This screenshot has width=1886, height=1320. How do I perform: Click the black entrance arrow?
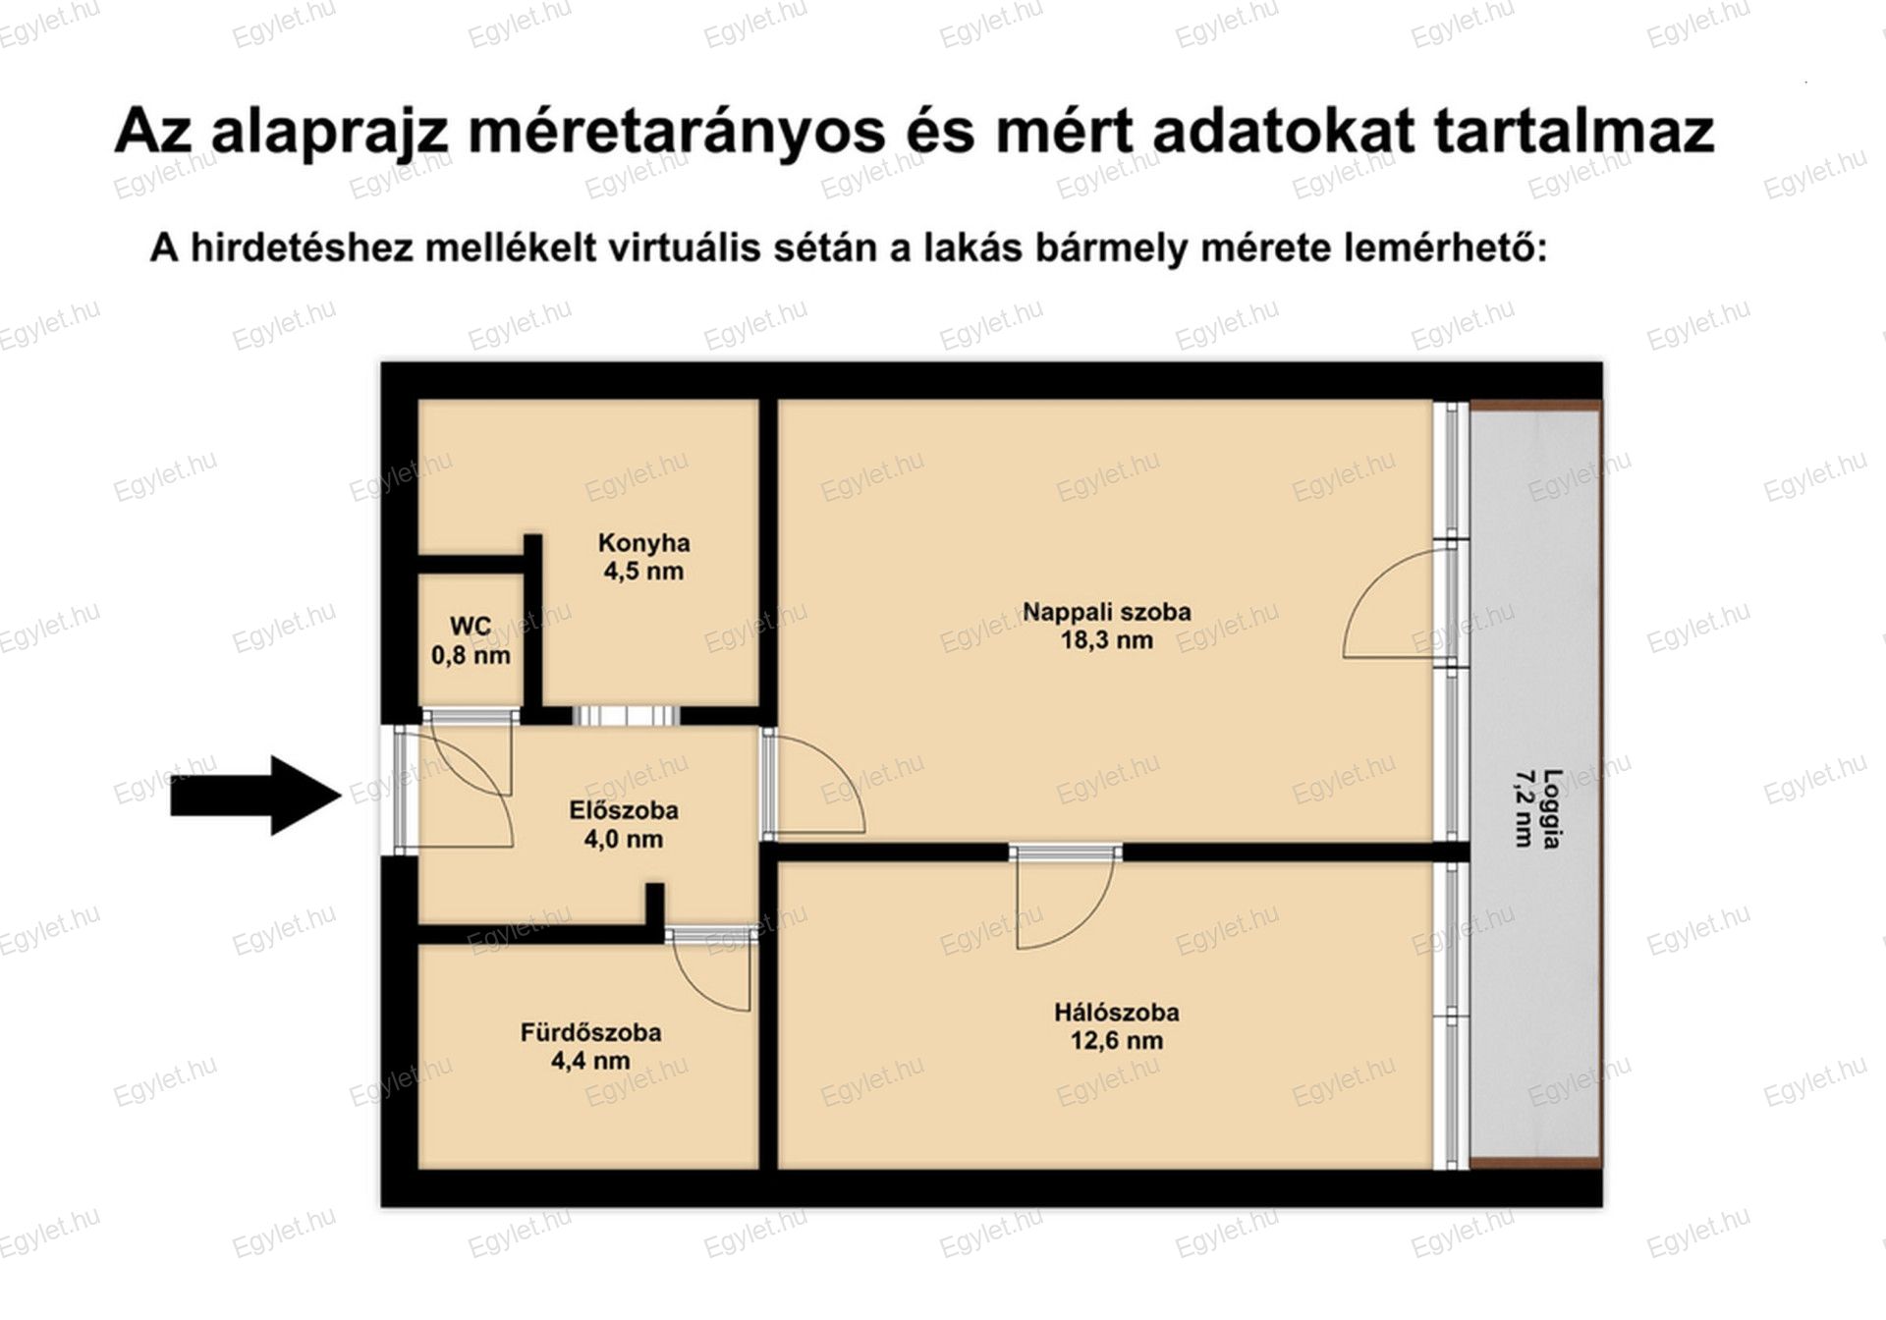tap(255, 796)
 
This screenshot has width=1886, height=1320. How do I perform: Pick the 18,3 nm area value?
tap(1107, 640)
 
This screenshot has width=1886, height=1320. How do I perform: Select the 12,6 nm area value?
tap(1117, 1040)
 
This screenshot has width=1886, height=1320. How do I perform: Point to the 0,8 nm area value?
tap(471, 655)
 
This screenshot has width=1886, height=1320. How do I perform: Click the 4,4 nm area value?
tap(590, 1061)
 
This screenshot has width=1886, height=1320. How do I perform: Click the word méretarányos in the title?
tap(677, 132)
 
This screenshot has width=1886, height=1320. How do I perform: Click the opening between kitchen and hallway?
tap(626, 716)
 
